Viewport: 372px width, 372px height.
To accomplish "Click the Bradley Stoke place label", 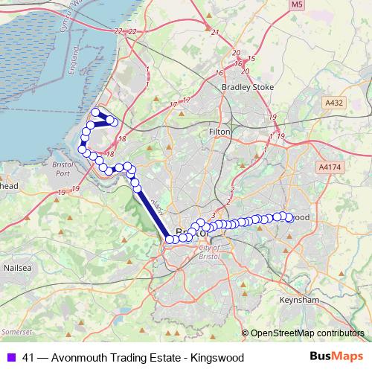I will (248, 86).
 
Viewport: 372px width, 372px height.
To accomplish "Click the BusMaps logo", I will (336, 357).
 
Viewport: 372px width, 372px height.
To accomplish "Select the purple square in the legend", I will (11, 358).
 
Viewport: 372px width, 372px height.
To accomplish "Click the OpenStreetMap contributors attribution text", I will (307, 333).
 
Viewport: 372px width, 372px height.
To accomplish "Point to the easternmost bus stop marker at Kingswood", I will (289, 218).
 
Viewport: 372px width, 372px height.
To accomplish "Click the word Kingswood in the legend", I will (217, 358).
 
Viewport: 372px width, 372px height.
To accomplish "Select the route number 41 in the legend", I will (28, 358).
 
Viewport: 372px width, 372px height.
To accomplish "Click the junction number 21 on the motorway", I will (216, 32).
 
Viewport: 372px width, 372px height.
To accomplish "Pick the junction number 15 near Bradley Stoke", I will (251, 59).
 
